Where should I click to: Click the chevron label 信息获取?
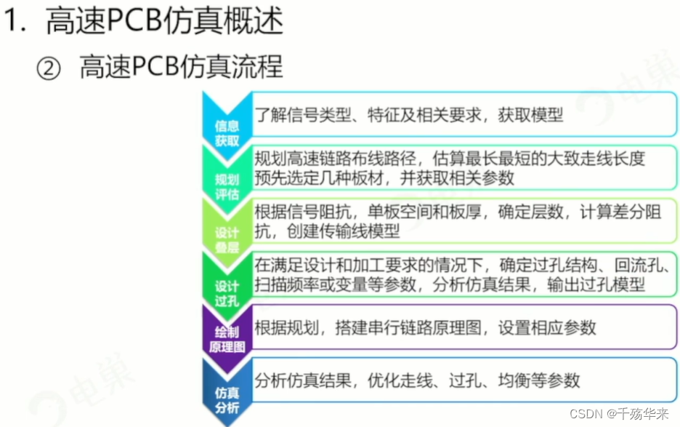coord(227,132)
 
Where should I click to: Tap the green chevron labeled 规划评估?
coord(227,186)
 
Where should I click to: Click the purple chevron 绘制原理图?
coord(227,339)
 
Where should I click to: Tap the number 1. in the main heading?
coord(17,23)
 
